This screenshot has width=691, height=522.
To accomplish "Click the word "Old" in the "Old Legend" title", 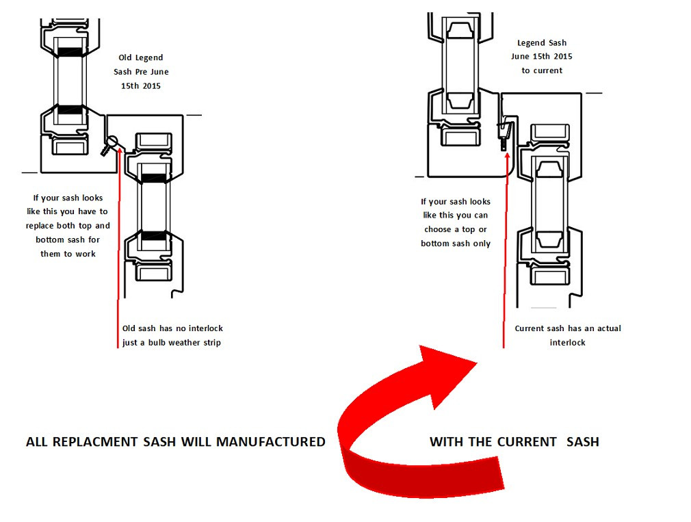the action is pyautogui.click(x=125, y=57).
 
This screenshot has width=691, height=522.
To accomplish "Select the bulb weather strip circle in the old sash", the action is pyautogui.click(x=112, y=142).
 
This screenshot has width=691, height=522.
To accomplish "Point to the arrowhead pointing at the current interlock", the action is pyautogui.click(x=507, y=156).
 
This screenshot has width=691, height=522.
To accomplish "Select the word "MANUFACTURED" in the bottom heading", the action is pyautogui.click(x=270, y=442).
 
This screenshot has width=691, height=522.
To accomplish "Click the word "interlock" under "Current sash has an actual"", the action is pyautogui.click(x=568, y=342).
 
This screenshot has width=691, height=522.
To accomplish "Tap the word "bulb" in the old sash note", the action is pyautogui.click(x=156, y=342).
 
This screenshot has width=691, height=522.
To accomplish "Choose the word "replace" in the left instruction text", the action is pyautogui.click(x=40, y=226).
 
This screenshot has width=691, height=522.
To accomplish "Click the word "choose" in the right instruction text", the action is pyautogui.click(x=438, y=229).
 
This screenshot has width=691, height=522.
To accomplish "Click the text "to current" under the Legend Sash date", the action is pyautogui.click(x=542, y=70).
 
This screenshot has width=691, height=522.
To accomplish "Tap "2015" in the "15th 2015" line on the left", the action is pyautogui.click(x=151, y=86).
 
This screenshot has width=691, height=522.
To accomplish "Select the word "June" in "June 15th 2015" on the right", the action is pyautogui.click(x=520, y=56).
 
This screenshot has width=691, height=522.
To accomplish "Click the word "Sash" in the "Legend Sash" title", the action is pyautogui.click(x=558, y=42).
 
